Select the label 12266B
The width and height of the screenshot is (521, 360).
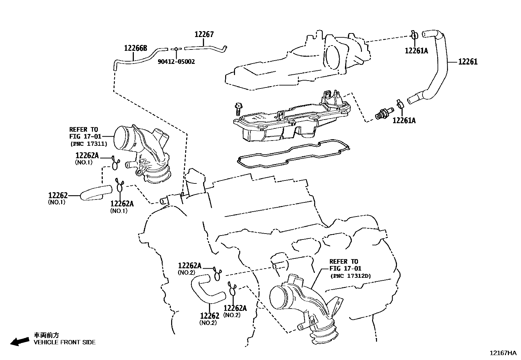tap(135, 48)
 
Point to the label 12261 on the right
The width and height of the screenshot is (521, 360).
tap(468, 61)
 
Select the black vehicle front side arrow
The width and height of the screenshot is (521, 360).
tap(19, 341)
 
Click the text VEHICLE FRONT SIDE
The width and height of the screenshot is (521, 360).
tap(65, 342)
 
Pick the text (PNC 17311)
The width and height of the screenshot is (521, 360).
tap(88, 143)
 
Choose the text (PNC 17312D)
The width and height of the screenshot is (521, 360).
tap(350, 276)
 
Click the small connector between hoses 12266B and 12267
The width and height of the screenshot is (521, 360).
tap(176, 49)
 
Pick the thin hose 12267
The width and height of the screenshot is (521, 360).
tap(205, 48)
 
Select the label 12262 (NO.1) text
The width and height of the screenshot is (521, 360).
tap(58, 196)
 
